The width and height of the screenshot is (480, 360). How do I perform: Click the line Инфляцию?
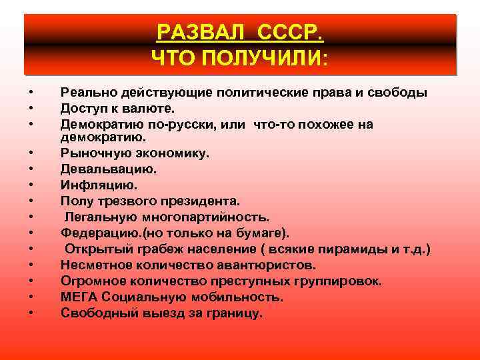pos(97,185)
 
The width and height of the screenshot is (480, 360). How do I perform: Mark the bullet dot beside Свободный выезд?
pos(31,313)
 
